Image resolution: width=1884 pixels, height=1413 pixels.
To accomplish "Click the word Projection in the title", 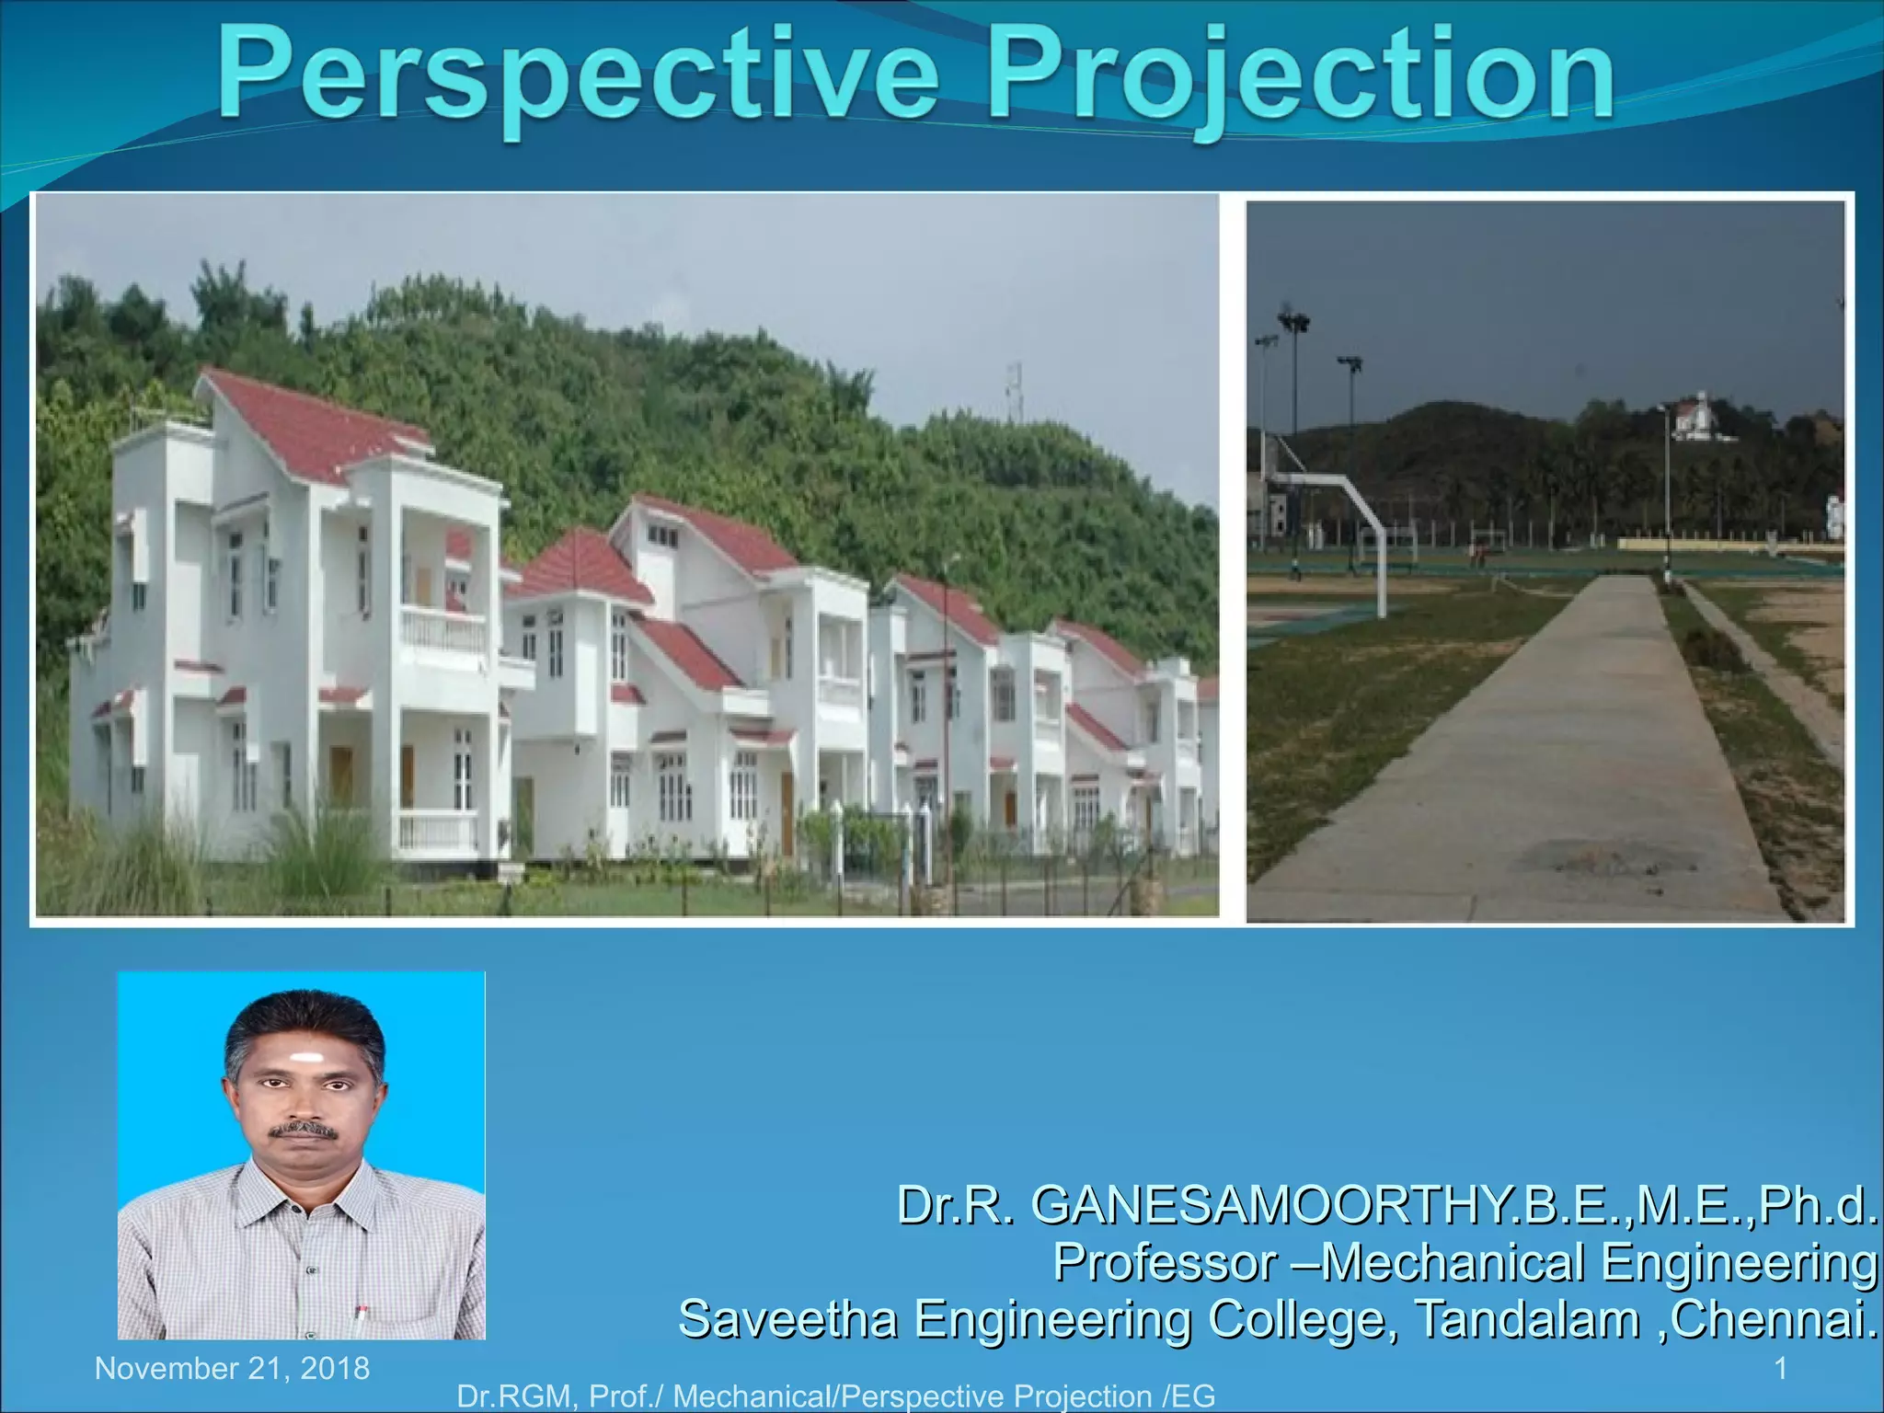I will [x=1300, y=75].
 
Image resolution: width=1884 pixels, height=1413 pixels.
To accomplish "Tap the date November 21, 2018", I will [x=232, y=1368].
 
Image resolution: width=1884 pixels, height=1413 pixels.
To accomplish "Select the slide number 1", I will [x=1780, y=1368].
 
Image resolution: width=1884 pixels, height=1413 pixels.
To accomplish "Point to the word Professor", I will [x=1165, y=1261].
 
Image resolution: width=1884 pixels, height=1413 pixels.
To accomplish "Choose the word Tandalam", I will [x=1527, y=1318].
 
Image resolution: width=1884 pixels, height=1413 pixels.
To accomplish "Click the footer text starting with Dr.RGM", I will [x=835, y=1396].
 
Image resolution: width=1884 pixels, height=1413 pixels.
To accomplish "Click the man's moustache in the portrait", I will [x=302, y=1128].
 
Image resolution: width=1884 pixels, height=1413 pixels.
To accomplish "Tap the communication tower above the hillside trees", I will [x=1014, y=391].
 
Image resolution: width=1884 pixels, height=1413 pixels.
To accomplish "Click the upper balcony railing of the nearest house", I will [x=442, y=629].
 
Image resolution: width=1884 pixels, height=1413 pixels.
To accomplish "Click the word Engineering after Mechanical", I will [x=1739, y=1261].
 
